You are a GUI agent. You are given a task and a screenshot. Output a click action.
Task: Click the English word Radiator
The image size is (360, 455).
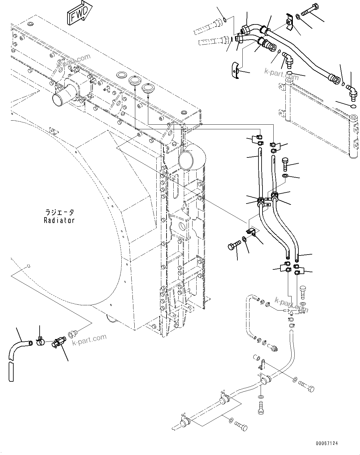[x=59, y=220]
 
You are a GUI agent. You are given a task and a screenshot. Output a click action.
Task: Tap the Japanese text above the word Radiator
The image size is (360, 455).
[x=59, y=212]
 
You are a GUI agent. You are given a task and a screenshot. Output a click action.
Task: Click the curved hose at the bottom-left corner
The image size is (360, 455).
[x=15, y=356]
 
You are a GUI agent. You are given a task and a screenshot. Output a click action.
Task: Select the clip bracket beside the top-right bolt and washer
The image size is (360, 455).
[x=289, y=22]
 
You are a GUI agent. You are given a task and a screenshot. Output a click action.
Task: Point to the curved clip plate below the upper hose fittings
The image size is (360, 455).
[x=236, y=71]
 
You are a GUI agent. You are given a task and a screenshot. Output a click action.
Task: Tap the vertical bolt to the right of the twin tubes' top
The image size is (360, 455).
[x=285, y=164]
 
